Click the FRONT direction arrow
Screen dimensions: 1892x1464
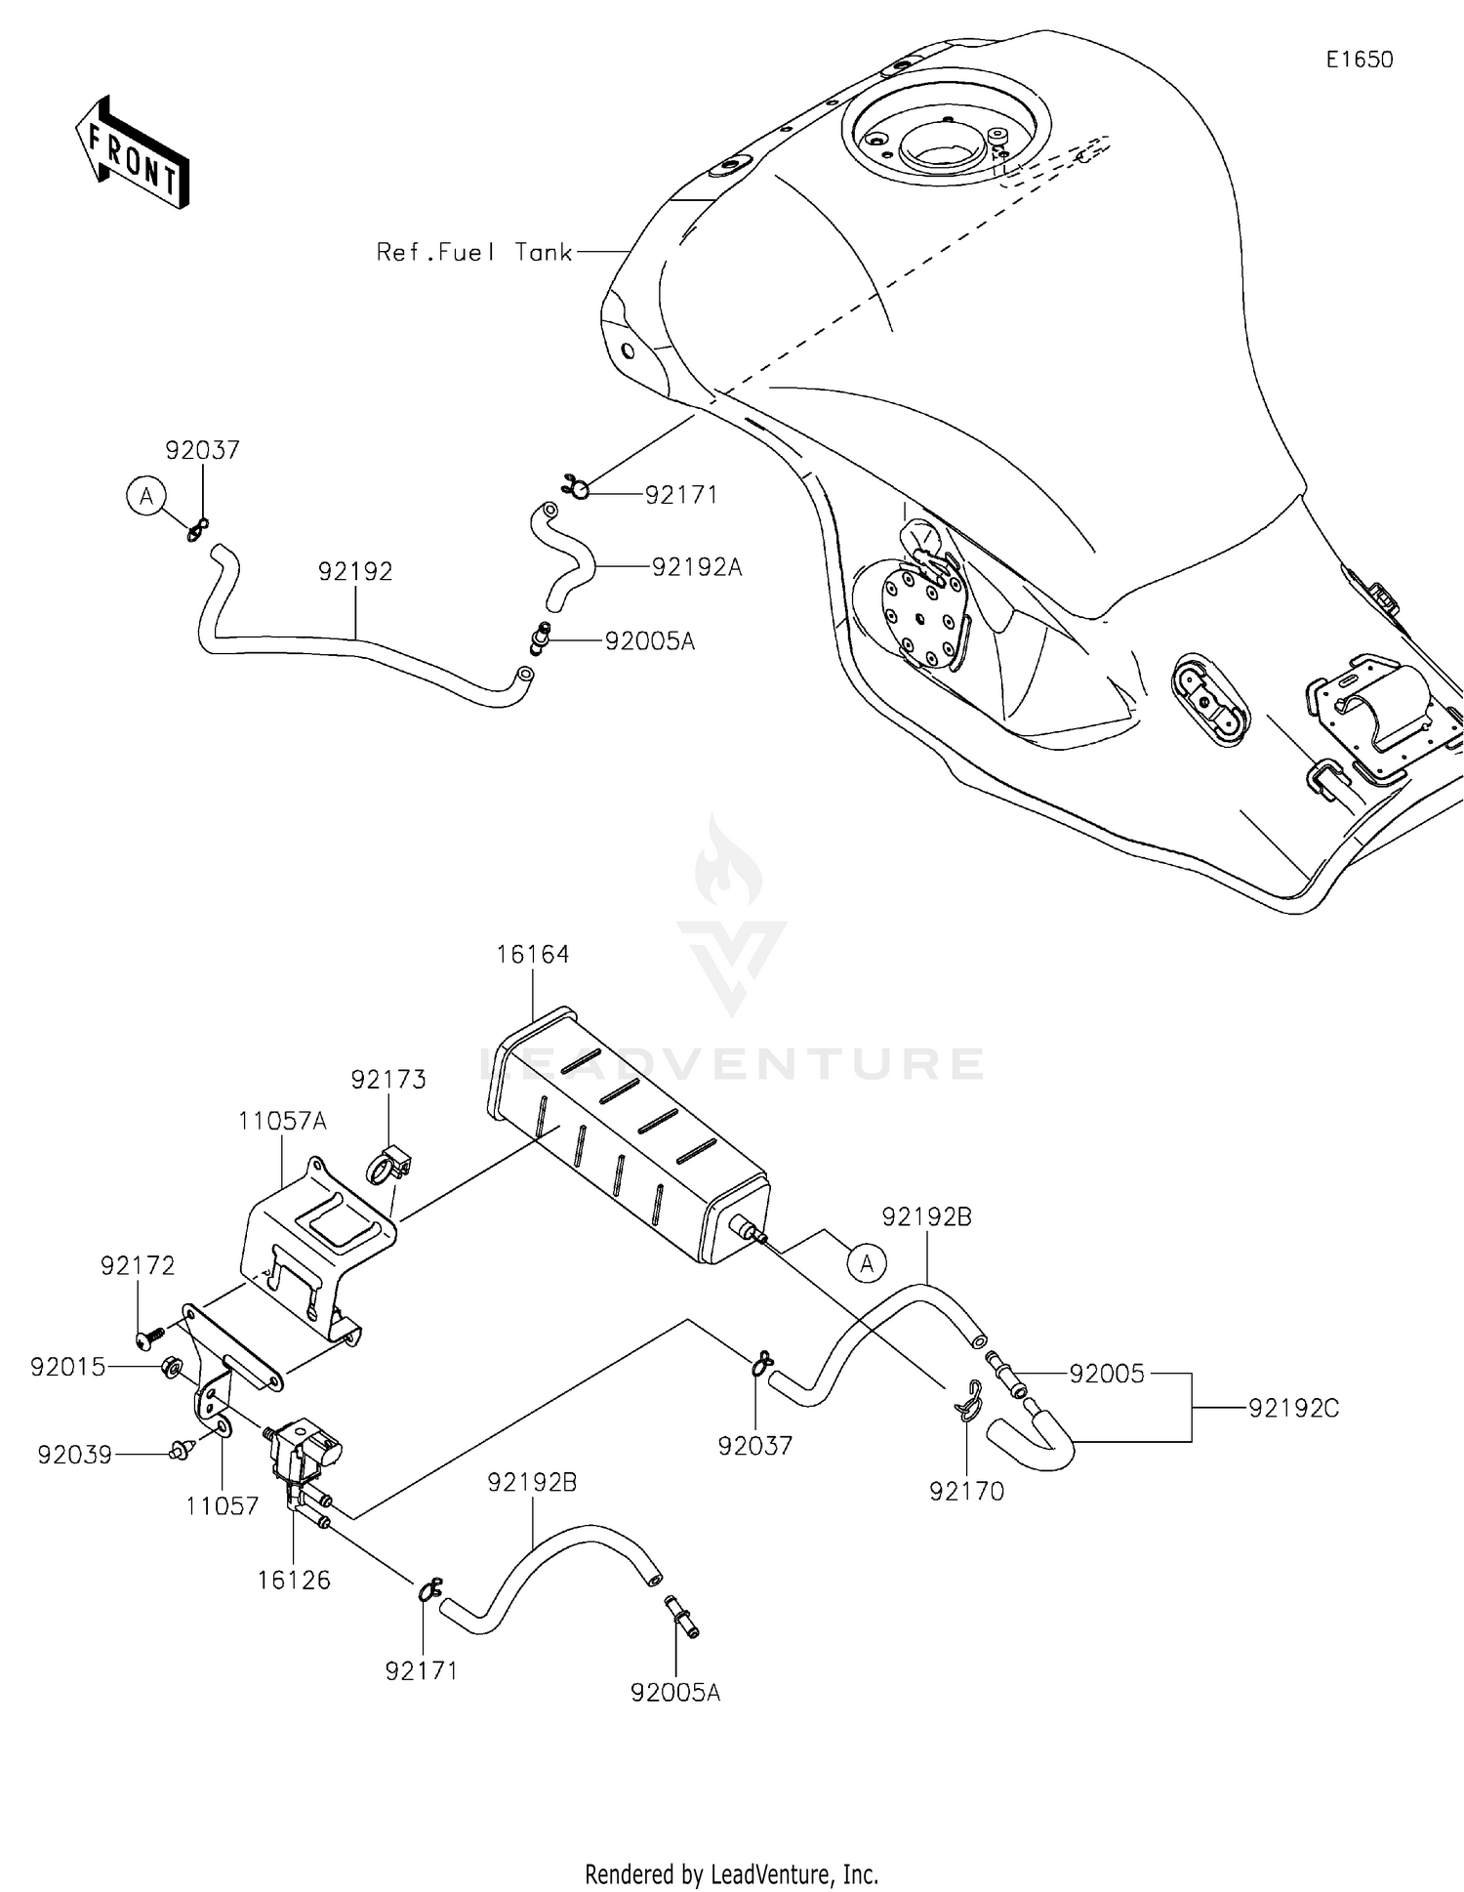(132, 153)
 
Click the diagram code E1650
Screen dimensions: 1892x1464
(1359, 60)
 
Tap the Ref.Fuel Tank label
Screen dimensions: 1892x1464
(474, 252)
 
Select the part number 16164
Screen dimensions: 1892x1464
(532, 954)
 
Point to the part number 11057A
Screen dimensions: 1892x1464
(282, 1121)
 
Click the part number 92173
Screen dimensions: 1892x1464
(388, 1079)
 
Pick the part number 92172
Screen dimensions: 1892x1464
(138, 1265)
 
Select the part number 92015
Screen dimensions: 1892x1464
(67, 1367)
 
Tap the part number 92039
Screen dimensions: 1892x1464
(75, 1455)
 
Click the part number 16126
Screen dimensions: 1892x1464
(294, 1579)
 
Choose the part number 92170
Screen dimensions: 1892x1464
(966, 1491)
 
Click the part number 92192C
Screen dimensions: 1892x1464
(1293, 1408)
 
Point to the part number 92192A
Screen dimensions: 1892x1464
(697, 566)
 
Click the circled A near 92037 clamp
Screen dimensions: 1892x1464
(146, 497)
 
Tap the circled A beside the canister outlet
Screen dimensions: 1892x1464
(867, 1263)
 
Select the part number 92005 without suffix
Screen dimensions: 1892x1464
(1106, 1374)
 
